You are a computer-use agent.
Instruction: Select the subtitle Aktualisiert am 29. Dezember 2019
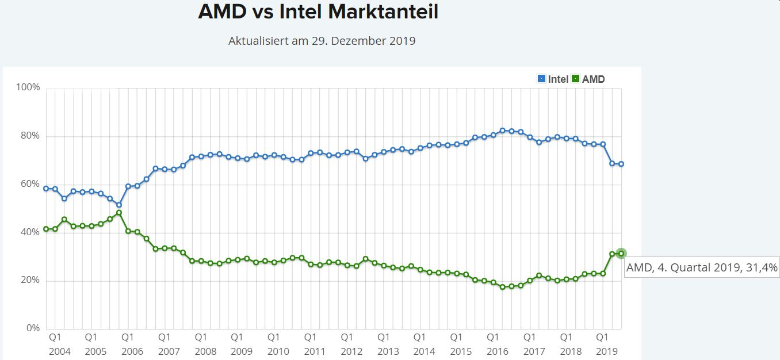pos(322,41)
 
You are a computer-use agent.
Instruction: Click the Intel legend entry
pos(553,79)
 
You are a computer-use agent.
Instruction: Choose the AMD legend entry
pos(588,79)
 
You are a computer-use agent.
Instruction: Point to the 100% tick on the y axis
pos(28,87)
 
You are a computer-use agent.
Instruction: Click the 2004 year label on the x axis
pos(59,351)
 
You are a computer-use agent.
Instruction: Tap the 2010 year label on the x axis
pos(278,351)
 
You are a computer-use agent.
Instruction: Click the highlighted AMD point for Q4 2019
pos(621,253)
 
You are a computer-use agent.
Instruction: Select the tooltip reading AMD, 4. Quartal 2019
pos(701,267)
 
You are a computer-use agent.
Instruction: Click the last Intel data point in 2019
pos(621,164)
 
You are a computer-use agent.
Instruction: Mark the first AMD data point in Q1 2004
pos(46,229)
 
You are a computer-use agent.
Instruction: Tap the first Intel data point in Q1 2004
pos(46,188)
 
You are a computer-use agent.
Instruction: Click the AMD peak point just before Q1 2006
pos(119,213)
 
